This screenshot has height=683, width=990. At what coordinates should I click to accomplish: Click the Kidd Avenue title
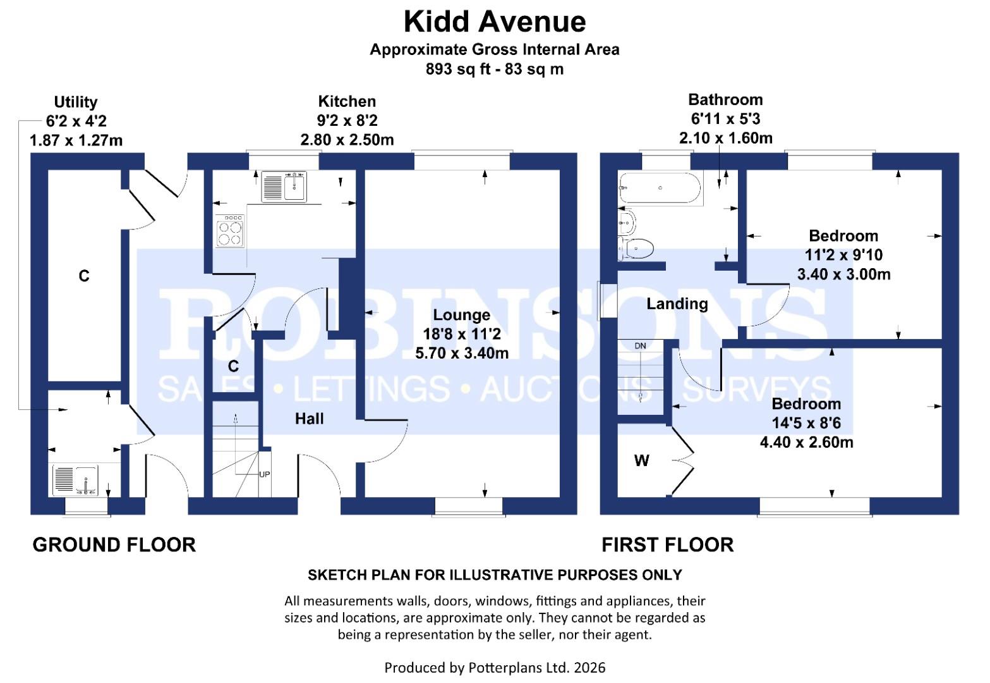pos(494,22)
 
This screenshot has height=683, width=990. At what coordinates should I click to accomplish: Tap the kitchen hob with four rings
pos(231,231)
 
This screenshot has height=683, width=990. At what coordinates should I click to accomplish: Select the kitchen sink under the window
pos(284,187)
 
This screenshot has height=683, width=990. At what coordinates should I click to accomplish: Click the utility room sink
pos(75,479)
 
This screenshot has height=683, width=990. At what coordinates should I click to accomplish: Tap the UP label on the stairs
pos(264,474)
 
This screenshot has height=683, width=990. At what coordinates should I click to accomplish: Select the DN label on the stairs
pos(640,346)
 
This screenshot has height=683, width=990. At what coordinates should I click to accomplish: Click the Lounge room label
pos(461,315)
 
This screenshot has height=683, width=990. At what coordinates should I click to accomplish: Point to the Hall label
pos(310,419)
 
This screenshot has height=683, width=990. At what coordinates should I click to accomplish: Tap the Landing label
pos(677,304)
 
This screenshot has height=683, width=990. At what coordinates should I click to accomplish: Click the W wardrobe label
pos(641,461)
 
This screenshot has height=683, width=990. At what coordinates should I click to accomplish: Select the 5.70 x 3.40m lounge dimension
pos(461,354)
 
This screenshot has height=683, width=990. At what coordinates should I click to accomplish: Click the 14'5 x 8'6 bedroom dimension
pos(806,423)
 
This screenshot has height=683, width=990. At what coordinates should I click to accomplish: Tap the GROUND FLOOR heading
pos(114,545)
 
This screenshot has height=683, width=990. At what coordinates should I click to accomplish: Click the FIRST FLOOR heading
pos(667,545)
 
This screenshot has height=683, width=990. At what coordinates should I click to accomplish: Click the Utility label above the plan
pos(75,102)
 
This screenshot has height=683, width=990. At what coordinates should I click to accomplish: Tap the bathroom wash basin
pos(628,221)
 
